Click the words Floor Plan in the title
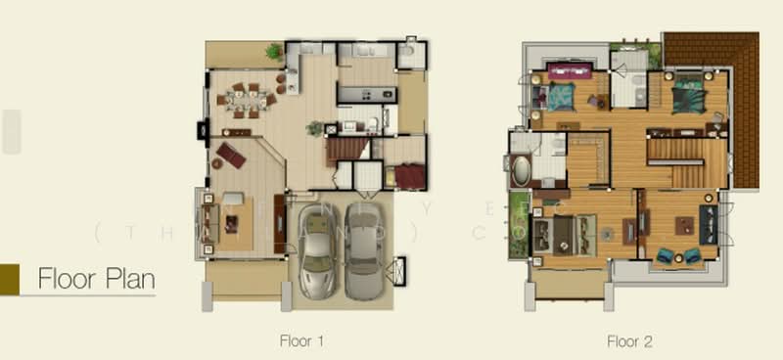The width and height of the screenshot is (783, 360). [x=96, y=279]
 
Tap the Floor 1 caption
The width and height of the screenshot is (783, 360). [x=300, y=341]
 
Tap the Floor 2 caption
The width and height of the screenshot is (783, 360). [x=629, y=341]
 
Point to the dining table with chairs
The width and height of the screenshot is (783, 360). [x=246, y=99]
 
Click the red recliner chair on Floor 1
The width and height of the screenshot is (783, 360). [x=232, y=155]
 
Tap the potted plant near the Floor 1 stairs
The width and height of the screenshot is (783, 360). [x=314, y=127]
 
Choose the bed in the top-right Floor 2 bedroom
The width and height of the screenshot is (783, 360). [x=689, y=95]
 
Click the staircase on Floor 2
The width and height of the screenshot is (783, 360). [x=685, y=161]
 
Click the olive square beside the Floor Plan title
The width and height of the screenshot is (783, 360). [x=10, y=279]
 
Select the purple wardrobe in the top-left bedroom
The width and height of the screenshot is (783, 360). [x=571, y=69]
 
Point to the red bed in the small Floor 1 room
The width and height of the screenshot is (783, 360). [x=410, y=177]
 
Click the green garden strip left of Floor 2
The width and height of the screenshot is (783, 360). [x=515, y=230]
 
